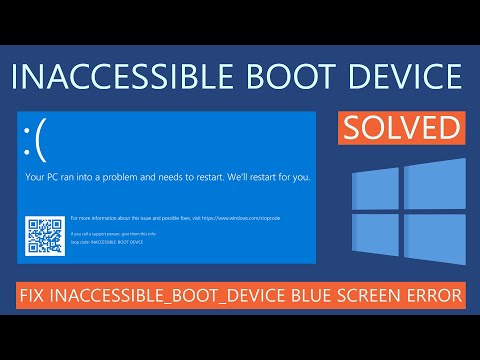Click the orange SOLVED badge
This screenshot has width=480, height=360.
click(402, 127)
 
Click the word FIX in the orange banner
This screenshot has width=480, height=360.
click(38, 296)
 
